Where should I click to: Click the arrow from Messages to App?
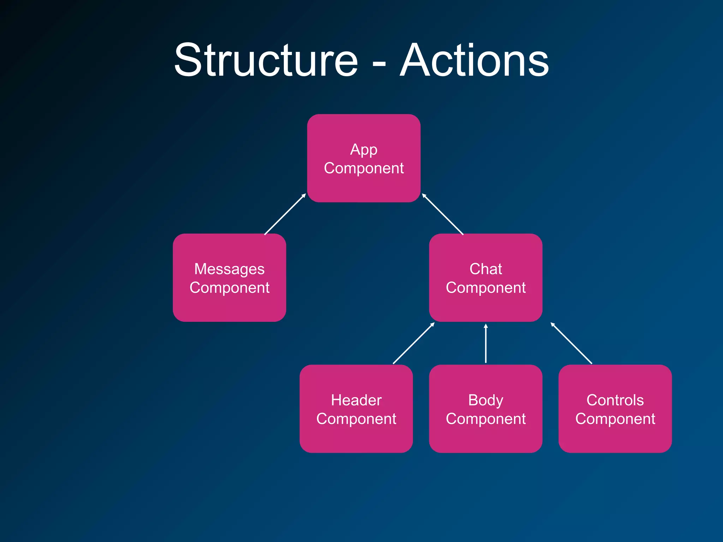285,214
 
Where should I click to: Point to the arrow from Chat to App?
443,214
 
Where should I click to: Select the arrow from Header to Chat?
413,343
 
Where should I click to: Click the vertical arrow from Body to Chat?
486,343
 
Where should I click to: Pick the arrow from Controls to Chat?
571,343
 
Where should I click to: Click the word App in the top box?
364,150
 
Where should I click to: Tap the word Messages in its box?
229,269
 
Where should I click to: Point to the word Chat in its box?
485,269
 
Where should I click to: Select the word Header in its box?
356,400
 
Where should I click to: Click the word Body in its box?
485,401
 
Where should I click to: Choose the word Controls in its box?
615,400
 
